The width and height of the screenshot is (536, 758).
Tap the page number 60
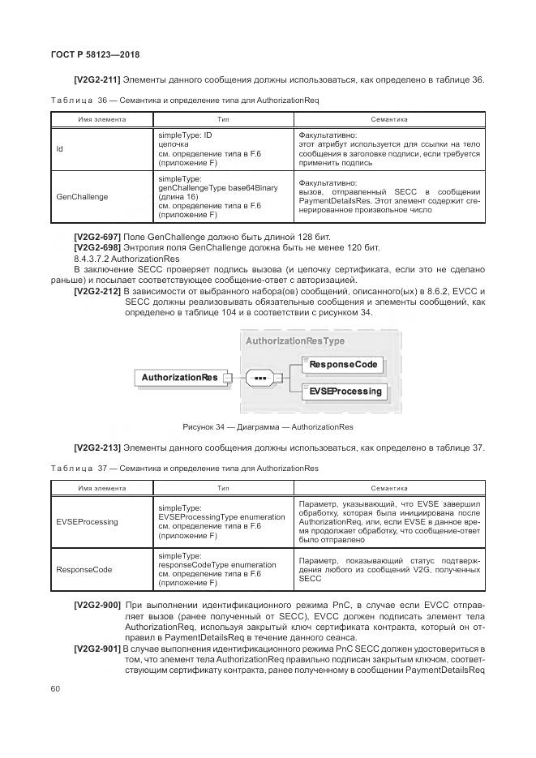(x=56, y=689)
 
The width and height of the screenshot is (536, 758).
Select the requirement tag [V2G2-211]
(x=97, y=79)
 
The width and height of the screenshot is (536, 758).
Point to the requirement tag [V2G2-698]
(x=97, y=246)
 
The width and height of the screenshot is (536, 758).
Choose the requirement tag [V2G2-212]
(x=97, y=291)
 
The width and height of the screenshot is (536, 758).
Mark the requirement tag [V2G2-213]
(x=97, y=448)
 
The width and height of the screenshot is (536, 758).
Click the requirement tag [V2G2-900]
(x=97, y=606)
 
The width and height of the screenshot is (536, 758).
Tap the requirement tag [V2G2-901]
(x=97, y=649)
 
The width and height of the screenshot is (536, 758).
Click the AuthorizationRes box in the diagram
(x=180, y=378)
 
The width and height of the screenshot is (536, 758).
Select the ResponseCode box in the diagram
(x=344, y=365)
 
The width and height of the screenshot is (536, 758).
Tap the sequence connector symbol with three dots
(x=260, y=378)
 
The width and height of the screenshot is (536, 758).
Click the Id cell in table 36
(x=60, y=149)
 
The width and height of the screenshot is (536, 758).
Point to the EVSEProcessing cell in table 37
(x=87, y=521)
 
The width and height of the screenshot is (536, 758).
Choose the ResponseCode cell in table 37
(x=84, y=569)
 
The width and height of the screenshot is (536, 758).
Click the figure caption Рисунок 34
(x=268, y=427)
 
